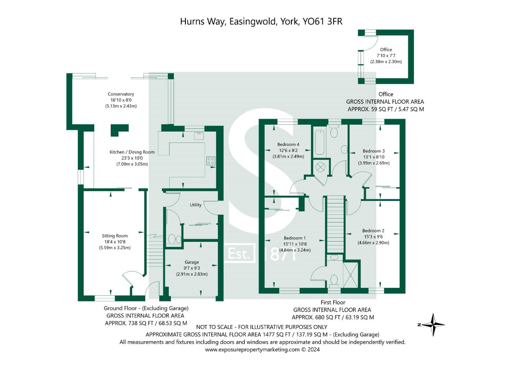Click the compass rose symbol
433,325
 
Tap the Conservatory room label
121,94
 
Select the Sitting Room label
114,236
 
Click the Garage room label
192,262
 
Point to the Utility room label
196,205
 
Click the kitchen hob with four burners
210,160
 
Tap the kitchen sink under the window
199,136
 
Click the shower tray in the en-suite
350,274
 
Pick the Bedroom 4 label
288,144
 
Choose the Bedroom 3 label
373,151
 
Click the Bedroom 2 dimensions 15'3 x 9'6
373,237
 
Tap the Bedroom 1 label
295,238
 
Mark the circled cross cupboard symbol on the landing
320,167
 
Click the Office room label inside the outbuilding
386,49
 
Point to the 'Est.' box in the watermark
239,254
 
